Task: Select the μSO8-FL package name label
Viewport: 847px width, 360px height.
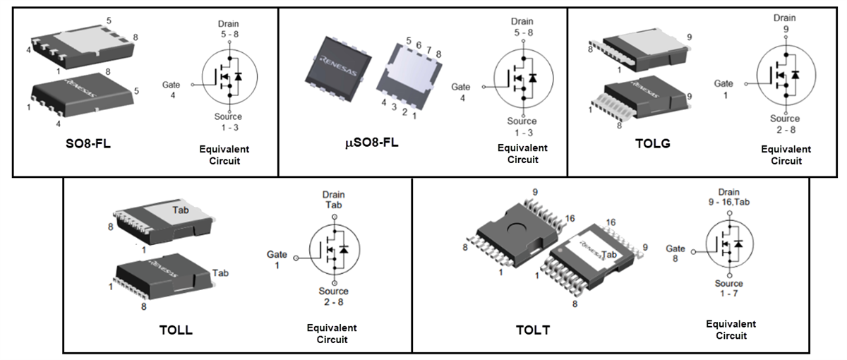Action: click(371, 143)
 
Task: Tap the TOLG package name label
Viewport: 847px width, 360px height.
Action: click(653, 144)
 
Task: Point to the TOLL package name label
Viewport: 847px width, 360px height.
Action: click(176, 330)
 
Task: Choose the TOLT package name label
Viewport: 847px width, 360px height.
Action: click(533, 330)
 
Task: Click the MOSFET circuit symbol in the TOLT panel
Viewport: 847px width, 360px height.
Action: click(730, 244)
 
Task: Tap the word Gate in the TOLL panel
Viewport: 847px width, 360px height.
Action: click(277, 254)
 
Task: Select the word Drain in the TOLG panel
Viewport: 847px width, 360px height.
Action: click(785, 17)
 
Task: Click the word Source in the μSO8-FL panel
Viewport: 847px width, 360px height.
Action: click(522, 121)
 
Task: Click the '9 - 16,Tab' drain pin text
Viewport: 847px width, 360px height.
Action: click(728, 202)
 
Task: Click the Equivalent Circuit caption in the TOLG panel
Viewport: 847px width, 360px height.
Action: click(786, 155)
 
